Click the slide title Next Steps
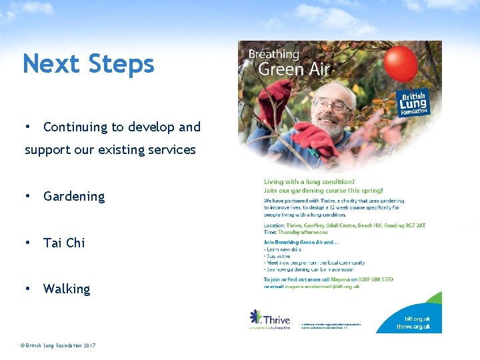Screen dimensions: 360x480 (x=88, y=64)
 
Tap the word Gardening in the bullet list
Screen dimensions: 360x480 (x=74, y=197)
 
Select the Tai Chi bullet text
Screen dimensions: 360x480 (x=64, y=243)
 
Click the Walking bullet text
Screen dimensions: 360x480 (x=67, y=289)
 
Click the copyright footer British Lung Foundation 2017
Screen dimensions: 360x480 (x=58, y=345)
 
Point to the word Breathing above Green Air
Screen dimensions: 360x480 (x=274, y=54)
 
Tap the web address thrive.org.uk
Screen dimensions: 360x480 (x=413, y=327)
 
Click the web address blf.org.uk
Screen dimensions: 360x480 (x=418, y=319)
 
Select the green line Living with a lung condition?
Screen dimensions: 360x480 (x=309, y=181)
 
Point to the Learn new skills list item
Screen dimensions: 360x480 (x=283, y=249)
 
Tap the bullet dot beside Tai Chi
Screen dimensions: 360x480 (x=27, y=243)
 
